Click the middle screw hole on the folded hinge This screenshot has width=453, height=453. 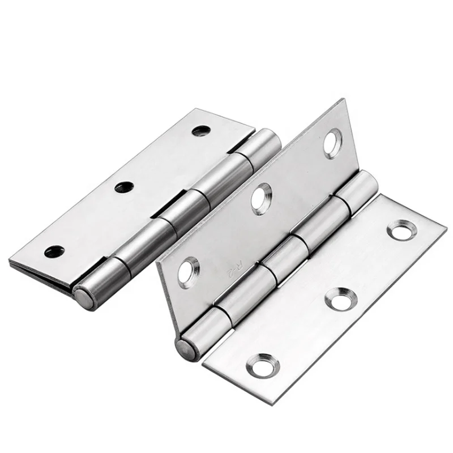click(x=124, y=187)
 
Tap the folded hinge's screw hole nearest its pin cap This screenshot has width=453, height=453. click(x=54, y=251)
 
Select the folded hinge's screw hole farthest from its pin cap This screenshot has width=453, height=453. click(x=201, y=131)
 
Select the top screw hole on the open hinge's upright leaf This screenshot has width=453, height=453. click(x=332, y=143)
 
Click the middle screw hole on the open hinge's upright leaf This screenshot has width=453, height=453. click(x=261, y=199)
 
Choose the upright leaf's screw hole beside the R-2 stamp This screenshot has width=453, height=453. click(x=188, y=271)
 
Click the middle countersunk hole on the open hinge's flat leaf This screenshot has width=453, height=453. click(x=340, y=298)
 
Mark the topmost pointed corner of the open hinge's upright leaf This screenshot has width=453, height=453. click(x=343, y=100)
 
